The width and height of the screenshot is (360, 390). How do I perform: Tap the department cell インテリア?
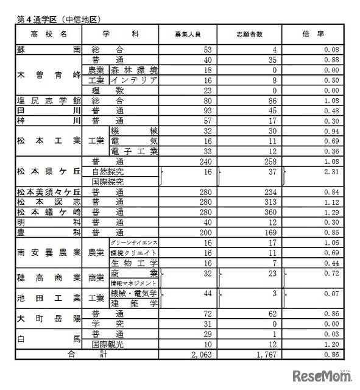[132, 80]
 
